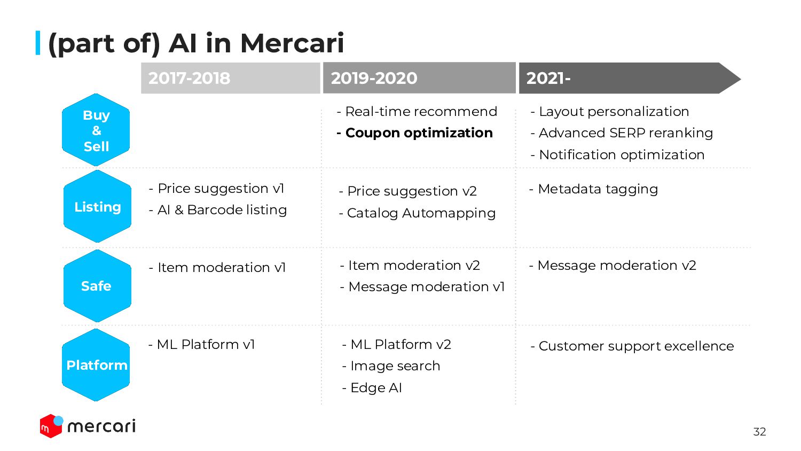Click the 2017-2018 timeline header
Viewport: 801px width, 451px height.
(x=231, y=78)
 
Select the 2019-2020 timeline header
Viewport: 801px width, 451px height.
(x=419, y=78)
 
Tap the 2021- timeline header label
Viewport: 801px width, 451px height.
(x=548, y=78)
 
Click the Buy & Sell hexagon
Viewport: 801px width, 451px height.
(x=96, y=130)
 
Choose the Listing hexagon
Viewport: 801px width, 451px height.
(x=97, y=206)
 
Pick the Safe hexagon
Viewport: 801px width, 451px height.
(x=97, y=286)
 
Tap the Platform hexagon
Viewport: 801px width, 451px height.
(x=96, y=365)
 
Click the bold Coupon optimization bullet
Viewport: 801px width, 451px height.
(x=415, y=133)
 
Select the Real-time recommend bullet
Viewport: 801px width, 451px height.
(x=417, y=111)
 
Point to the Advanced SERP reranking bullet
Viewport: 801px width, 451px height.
(x=622, y=133)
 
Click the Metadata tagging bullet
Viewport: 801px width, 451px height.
(x=594, y=189)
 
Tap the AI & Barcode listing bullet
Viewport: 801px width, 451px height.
(x=218, y=210)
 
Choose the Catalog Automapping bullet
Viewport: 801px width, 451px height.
(x=417, y=213)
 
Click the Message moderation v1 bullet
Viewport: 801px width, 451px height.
(x=422, y=287)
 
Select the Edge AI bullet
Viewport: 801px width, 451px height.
(x=372, y=387)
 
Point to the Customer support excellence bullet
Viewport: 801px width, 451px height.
(x=632, y=346)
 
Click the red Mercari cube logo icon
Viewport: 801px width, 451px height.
(x=51, y=426)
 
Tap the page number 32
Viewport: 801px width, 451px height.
(x=759, y=432)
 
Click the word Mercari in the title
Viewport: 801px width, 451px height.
(x=292, y=43)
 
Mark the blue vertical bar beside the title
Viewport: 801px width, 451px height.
(x=38, y=43)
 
